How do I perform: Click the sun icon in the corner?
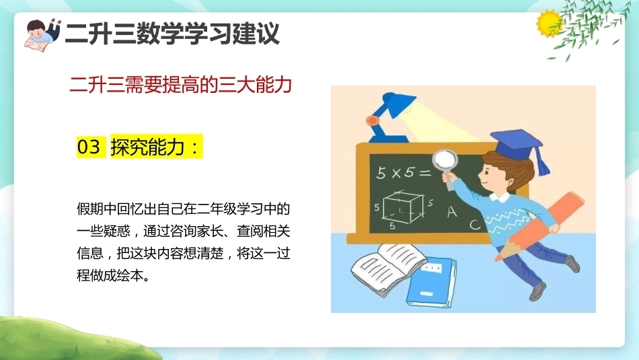pos(548,23)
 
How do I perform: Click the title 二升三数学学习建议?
pos(172,34)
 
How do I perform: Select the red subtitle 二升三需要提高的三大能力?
pos(180,85)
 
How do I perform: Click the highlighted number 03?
pos(88,147)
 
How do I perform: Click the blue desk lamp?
pos(390,117)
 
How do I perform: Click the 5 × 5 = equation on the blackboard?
pos(404,172)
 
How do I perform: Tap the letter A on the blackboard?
pos(452,211)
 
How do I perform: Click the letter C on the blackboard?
pos(475,224)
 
